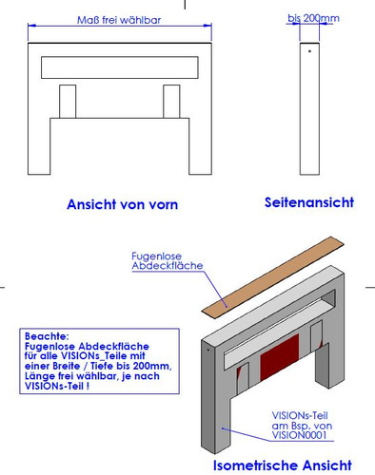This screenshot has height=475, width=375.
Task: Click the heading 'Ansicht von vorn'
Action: (x=122, y=204)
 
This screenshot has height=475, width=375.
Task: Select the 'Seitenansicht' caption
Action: (x=308, y=202)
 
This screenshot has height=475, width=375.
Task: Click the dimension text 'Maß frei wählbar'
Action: (x=119, y=20)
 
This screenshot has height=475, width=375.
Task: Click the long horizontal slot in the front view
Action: (x=120, y=67)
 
